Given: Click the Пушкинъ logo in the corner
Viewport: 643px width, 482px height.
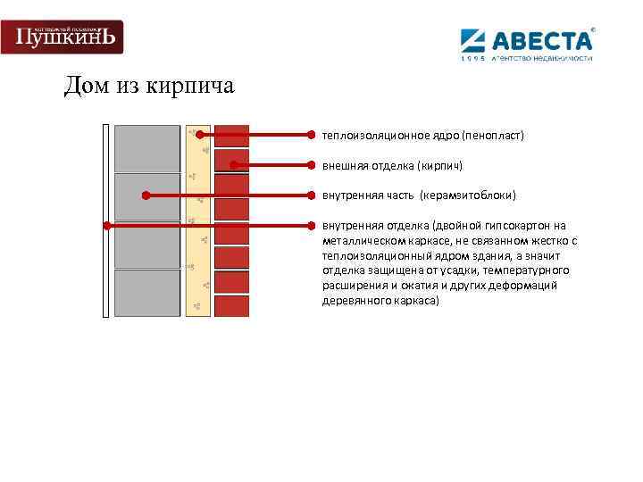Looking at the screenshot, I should (x=62, y=37).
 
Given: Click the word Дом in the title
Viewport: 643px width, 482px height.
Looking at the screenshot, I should (x=86, y=87).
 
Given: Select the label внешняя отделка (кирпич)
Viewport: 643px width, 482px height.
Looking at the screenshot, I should (x=392, y=165).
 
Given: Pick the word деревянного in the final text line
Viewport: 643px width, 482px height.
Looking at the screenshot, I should (x=353, y=301).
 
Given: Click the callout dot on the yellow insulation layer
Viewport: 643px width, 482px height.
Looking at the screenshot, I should (x=200, y=136).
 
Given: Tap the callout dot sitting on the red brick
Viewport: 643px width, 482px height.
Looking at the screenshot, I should (x=232, y=165).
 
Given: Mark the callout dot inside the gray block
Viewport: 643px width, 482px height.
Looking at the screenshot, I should (x=146, y=195).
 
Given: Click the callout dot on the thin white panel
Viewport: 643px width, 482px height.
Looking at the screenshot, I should (x=106, y=225).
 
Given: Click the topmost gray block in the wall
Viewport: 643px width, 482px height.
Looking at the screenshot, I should (x=146, y=147).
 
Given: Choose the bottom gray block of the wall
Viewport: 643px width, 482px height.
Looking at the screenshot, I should (x=146, y=293).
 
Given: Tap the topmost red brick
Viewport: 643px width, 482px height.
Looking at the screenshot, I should (x=232, y=135).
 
